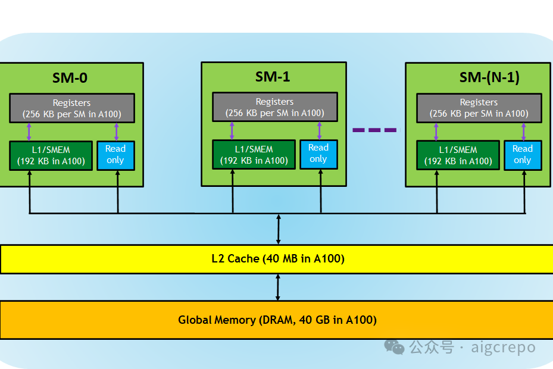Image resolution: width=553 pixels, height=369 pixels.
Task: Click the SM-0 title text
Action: coord(70,78)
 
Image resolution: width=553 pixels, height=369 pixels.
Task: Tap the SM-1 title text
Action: coord(273,77)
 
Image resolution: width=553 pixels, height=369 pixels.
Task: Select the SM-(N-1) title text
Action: coord(489,77)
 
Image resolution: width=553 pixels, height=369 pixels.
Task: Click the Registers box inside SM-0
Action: coord(72,108)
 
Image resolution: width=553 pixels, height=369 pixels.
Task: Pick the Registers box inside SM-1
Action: coord(275,107)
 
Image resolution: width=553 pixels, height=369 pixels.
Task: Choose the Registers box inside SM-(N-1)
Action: coord(479,108)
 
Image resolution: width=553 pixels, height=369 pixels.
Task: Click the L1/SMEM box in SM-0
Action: coord(51,155)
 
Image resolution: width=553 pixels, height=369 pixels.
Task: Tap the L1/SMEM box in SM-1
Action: coord(254,155)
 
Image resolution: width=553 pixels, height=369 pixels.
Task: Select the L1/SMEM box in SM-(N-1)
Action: coord(458,155)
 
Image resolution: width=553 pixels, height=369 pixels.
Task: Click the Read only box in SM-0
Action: coord(115,155)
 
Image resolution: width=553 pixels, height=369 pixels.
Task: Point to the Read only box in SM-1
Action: coord(318,155)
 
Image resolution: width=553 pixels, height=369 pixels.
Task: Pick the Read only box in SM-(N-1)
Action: coord(523,155)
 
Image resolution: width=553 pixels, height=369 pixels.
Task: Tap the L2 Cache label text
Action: coord(278,258)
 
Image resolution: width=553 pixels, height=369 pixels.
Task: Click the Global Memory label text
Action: coord(277,320)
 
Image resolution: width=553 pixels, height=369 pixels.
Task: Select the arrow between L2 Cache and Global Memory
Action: coord(278,287)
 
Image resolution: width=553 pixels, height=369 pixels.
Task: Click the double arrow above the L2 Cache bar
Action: coord(278,229)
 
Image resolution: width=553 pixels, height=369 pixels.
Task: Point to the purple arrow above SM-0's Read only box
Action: coord(117,132)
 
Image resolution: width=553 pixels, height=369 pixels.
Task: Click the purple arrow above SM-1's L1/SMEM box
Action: coord(232,131)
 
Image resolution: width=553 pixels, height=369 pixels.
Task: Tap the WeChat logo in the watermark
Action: coord(394,347)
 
